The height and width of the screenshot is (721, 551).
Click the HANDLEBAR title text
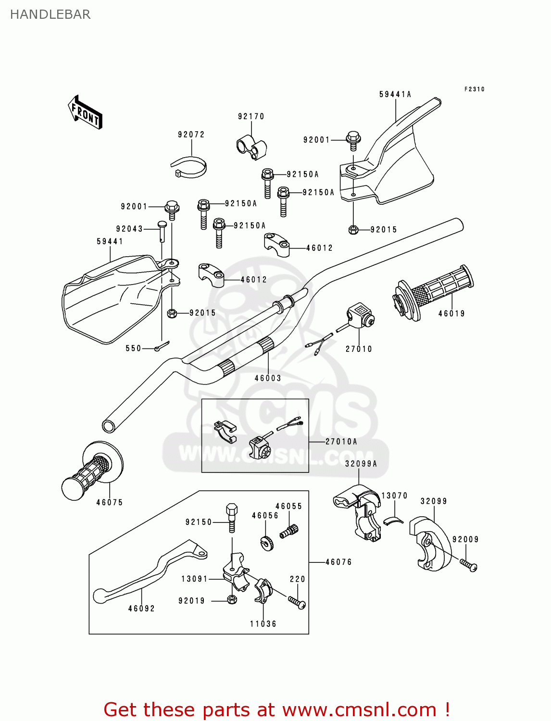(x=50, y=14)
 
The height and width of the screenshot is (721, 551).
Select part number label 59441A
(x=395, y=94)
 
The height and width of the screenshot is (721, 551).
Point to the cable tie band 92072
(x=189, y=166)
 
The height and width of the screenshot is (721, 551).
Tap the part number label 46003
(x=268, y=378)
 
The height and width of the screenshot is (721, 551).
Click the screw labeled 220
(x=297, y=602)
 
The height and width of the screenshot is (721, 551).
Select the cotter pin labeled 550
(x=162, y=346)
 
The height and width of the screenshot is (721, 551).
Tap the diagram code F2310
(x=474, y=89)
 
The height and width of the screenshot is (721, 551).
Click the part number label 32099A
(x=361, y=464)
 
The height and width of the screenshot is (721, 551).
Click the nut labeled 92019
(x=231, y=599)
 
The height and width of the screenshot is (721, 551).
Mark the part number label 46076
(x=338, y=562)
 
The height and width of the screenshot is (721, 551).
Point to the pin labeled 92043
(x=163, y=231)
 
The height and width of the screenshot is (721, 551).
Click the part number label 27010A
(x=341, y=441)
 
